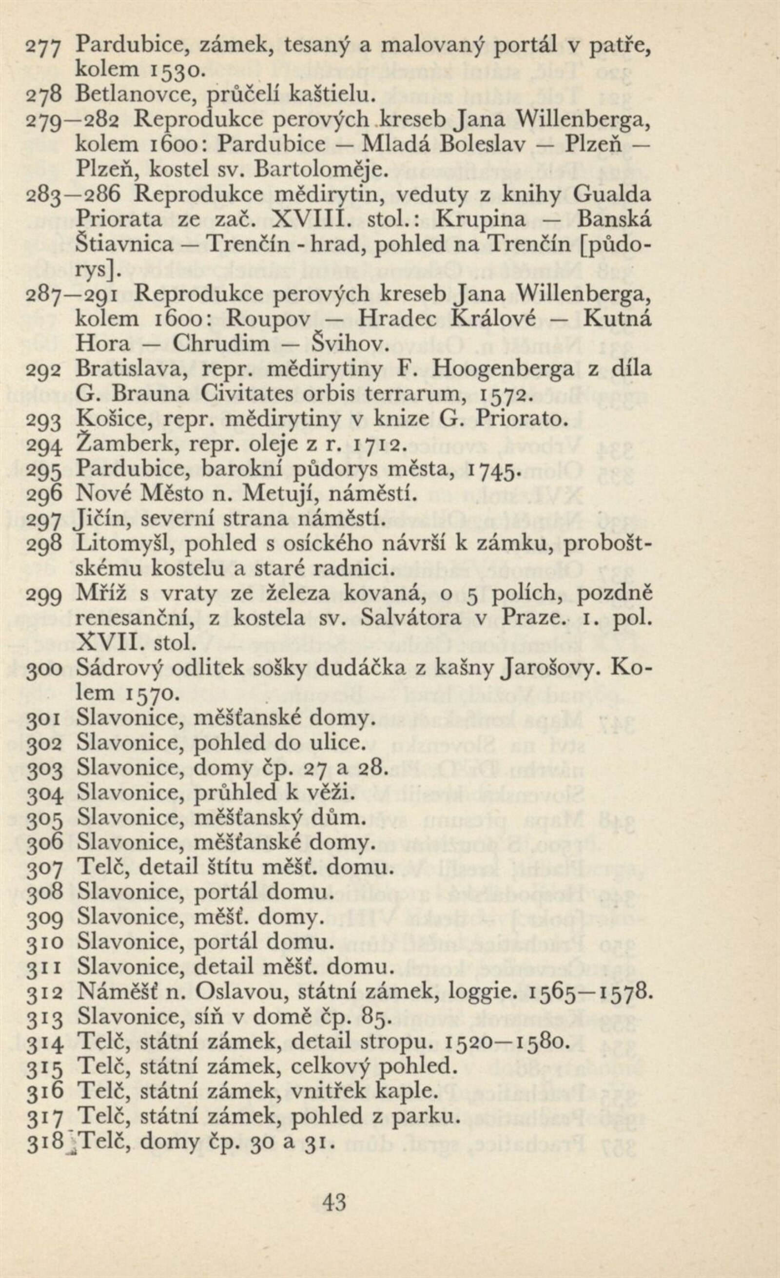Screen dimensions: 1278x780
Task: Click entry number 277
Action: (44, 46)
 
